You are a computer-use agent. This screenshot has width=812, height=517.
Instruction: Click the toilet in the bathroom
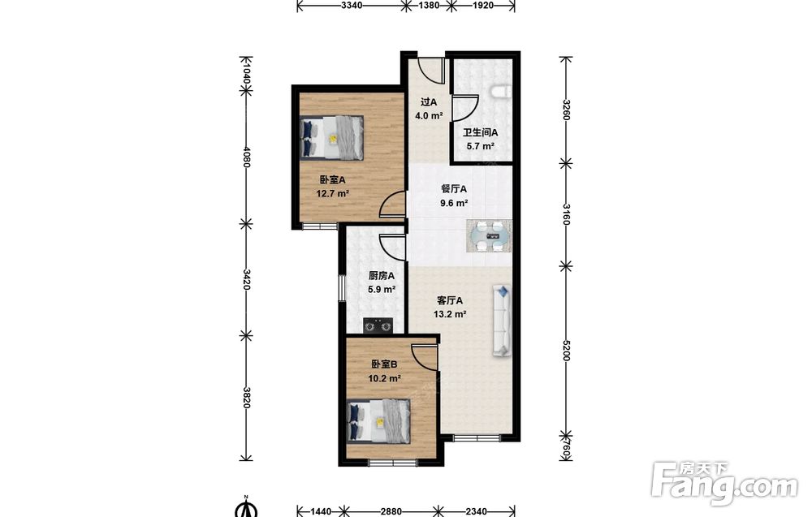(x=500, y=92)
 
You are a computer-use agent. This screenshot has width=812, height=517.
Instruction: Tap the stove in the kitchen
(x=378, y=325)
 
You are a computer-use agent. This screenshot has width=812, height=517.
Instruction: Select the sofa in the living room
(x=501, y=321)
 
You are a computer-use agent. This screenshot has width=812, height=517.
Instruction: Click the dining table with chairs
(x=490, y=236)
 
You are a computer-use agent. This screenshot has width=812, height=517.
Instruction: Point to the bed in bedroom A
(x=331, y=138)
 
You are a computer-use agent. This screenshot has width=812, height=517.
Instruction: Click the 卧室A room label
(x=332, y=180)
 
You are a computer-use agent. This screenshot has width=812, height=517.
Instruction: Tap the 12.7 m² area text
(x=332, y=194)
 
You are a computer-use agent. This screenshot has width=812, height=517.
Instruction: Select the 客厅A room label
(x=450, y=300)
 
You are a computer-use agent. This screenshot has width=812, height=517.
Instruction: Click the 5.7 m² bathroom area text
(x=480, y=146)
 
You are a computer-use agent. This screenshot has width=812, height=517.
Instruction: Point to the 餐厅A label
(x=454, y=189)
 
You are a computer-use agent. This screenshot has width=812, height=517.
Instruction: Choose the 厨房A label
(x=382, y=276)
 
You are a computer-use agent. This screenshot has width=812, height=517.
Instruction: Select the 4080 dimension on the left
(x=247, y=157)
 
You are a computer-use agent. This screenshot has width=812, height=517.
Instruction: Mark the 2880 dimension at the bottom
(x=391, y=511)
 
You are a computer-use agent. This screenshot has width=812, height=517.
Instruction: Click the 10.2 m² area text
(x=384, y=378)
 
